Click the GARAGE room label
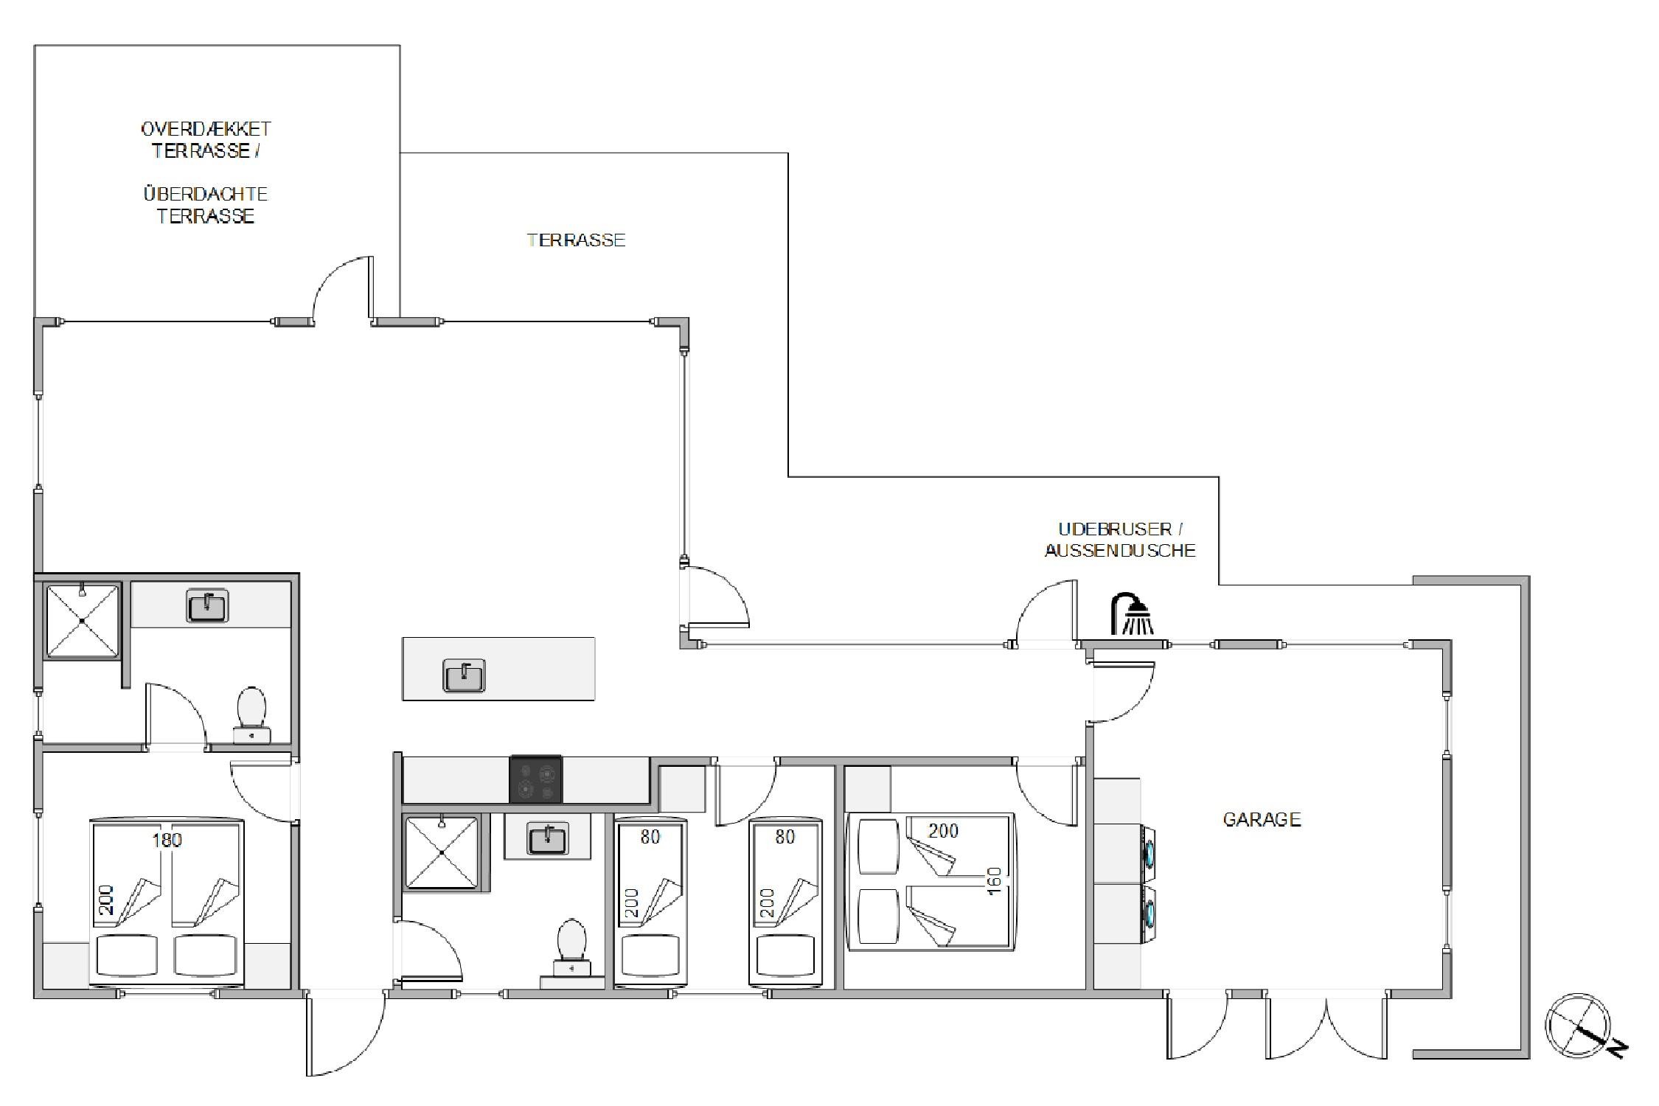coord(1262,819)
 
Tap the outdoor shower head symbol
coord(1132,613)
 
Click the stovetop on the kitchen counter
coord(536,779)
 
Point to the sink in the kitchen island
coord(464,675)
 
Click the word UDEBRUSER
coord(1115,529)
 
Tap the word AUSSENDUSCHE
coord(1120,551)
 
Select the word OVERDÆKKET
coord(206,129)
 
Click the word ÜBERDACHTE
coord(205,194)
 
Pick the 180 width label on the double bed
coord(167,840)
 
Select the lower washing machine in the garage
coord(1147,914)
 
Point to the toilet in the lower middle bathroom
coord(571,948)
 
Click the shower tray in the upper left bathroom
coord(82,621)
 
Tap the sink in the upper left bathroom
coord(207,605)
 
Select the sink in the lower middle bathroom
coord(548,838)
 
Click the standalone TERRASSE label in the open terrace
coord(577,240)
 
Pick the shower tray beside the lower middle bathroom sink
coord(441,852)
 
